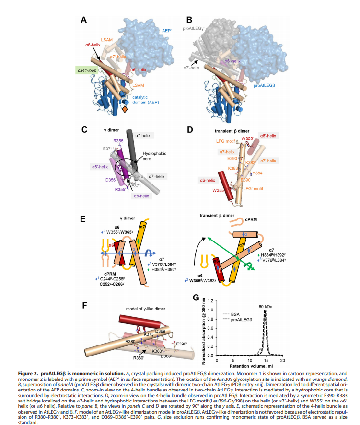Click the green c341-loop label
(x=87, y=70)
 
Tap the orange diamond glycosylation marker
(x=125, y=110)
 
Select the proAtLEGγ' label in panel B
(x=196, y=29)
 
